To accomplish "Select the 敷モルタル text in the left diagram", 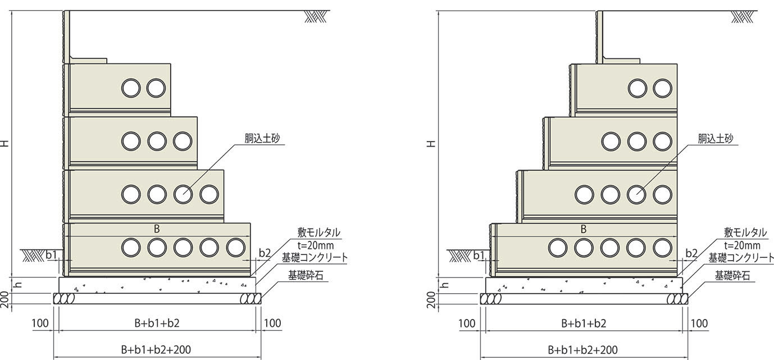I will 319,233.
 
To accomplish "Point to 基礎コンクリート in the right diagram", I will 740,258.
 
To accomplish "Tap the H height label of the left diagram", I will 5,143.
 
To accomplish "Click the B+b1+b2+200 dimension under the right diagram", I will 583,349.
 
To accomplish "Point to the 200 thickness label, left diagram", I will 5,298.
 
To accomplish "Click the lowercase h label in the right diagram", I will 445,285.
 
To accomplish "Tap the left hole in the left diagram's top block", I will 130,88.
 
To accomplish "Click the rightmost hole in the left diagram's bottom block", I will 235,247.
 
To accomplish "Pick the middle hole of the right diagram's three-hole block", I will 636,141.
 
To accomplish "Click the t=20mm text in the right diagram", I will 742,245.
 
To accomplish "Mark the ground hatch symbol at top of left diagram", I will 315,17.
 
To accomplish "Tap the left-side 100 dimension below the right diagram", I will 467,323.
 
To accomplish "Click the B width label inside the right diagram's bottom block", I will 584,229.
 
